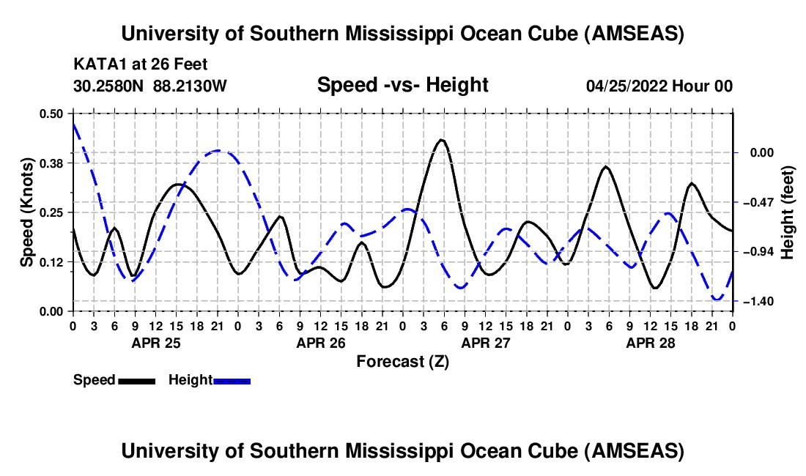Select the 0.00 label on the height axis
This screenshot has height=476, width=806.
(758, 152)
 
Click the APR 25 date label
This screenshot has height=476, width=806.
(156, 342)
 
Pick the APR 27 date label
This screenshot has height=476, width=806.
(485, 342)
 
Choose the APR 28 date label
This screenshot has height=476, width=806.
(650, 342)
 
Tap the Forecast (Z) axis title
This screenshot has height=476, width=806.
(402, 361)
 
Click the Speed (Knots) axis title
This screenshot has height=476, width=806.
(27, 212)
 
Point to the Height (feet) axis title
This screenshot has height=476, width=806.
(788, 212)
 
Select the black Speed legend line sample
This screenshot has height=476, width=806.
(136, 380)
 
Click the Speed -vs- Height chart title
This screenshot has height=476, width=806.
(402, 86)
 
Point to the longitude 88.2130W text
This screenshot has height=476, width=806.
(191, 86)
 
